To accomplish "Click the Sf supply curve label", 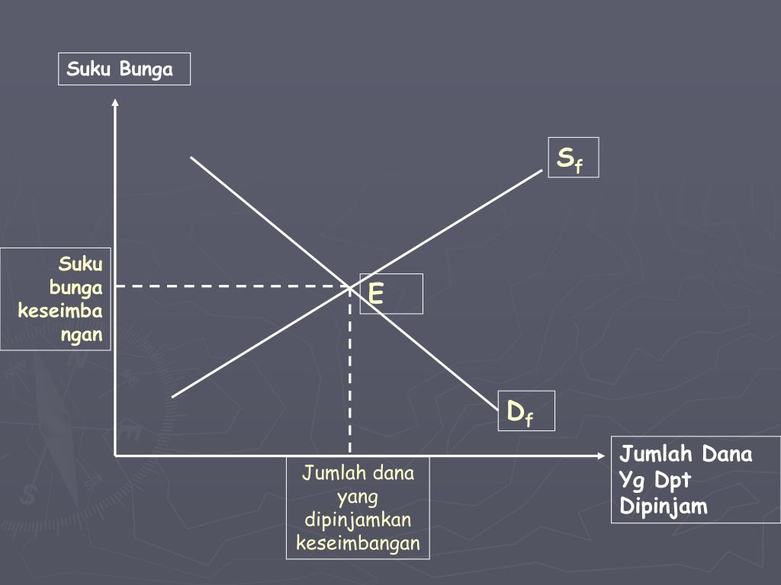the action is (x=570, y=158).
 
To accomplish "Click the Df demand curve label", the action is (x=520, y=414).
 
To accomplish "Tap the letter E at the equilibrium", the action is (x=376, y=293).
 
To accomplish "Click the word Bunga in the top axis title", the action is (x=146, y=70).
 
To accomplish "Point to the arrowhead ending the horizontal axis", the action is (x=599, y=456).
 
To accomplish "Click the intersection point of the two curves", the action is (x=350, y=286).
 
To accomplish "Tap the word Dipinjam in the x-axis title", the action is (x=664, y=507).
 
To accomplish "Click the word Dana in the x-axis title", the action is (x=727, y=455).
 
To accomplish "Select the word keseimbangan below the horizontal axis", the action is (x=358, y=544).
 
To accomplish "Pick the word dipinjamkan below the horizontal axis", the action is (x=358, y=520).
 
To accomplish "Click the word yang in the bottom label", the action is (x=358, y=497).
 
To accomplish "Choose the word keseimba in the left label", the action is (x=60, y=312).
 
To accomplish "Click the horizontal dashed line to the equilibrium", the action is (x=229, y=286).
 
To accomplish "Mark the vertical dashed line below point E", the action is (x=350, y=373).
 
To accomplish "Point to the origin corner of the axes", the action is (x=115, y=456).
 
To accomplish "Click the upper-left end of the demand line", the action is (x=191, y=158).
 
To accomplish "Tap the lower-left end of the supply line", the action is (x=174, y=396).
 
